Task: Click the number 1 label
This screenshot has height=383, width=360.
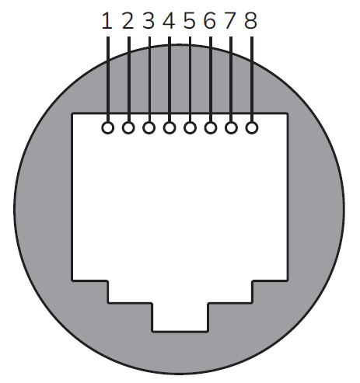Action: tap(107, 20)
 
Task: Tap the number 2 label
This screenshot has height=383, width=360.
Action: tap(128, 20)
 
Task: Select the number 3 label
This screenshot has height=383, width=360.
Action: tap(149, 20)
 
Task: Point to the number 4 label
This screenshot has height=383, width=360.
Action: tap(169, 20)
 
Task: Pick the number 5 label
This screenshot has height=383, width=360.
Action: tap(189, 20)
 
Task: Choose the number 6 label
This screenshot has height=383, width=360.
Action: tap(209, 20)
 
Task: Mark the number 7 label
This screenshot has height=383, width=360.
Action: tap(229, 20)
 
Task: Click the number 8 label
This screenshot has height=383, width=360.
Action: tap(250, 20)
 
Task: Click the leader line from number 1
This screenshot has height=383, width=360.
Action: tap(108, 78)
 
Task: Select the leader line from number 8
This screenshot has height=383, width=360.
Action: tap(251, 78)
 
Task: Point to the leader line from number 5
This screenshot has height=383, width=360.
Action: tap(190, 78)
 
